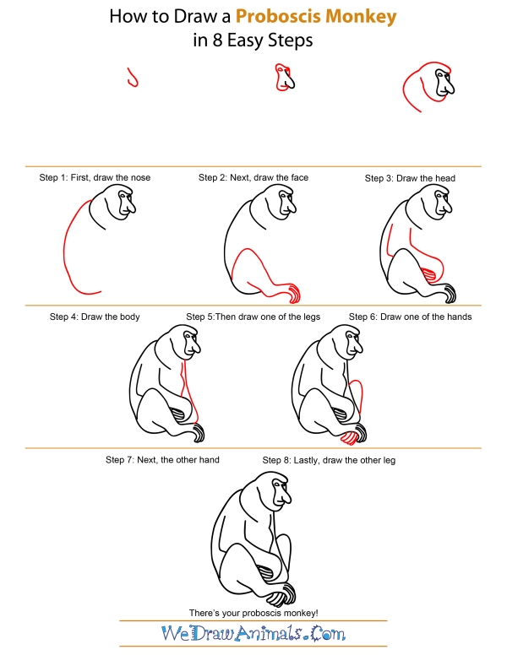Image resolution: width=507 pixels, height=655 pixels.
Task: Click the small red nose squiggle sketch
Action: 132,78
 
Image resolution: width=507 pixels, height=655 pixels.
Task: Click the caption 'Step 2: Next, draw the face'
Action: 253,178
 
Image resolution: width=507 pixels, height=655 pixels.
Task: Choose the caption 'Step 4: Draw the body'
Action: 95,317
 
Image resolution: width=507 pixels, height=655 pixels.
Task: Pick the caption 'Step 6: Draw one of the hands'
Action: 410,317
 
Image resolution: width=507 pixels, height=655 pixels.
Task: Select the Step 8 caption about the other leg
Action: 329,460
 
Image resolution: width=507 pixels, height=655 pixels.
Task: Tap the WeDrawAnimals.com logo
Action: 253,633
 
